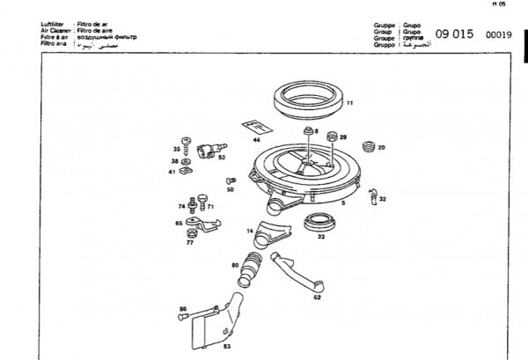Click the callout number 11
pyautogui.click(x=349, y=104)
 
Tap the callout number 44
pyautogui.click(x=257, y=140)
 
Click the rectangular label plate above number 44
pyautogui.click(x=253, y=126)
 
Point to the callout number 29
pyautogui.click(x=344, y=137)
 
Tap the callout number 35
pyautogui.click(x=176, y=151)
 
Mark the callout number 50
pyautogui.click(x=231, y=189)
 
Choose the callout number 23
pyautogui.click(x=321, y=237)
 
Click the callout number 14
pyautogui.click(x=250, y=231)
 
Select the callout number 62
pyautogui.click(x=317, y=298)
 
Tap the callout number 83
pyautogui.click(x=226, y=347)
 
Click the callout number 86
pyautogui.click(x=183, y=308)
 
